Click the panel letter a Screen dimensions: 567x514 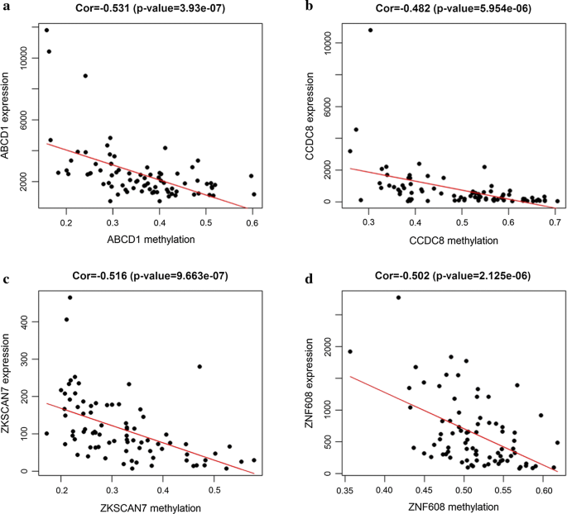pos(5,7)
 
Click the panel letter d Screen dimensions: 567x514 pos(310,279)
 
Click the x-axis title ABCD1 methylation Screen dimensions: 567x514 pos(151,240)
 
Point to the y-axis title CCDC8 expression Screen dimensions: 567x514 pos(310,116)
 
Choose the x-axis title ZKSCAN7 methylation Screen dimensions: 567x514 pos(151,508)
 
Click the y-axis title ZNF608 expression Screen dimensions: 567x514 pos(310,383)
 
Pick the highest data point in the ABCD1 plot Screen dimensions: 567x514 pos(46,30)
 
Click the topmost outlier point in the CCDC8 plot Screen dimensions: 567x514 pos(370,30)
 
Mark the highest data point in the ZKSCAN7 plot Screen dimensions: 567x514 pos(70,297)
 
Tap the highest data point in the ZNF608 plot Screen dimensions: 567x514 pos(398,297)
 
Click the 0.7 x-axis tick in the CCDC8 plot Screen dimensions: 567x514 pos(555,223)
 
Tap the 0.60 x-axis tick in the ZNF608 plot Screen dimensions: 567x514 pos(543,491)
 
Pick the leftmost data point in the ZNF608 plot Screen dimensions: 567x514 pos(350,351)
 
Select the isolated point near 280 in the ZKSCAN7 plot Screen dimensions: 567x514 pos(199,366)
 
